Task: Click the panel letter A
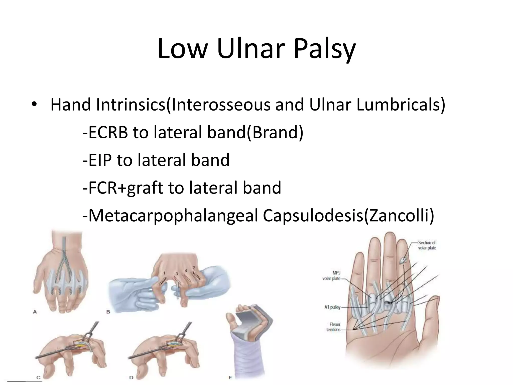click(35, 312)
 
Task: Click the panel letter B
click(108, 312)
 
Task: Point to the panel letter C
click(38, 377)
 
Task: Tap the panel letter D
click(131, 377)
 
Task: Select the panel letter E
click(230, 377)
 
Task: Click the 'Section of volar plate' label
click(427, 245)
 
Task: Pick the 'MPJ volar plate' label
click(331, 276)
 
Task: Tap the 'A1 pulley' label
click(332, 307)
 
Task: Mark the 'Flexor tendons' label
click(333, 327)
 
